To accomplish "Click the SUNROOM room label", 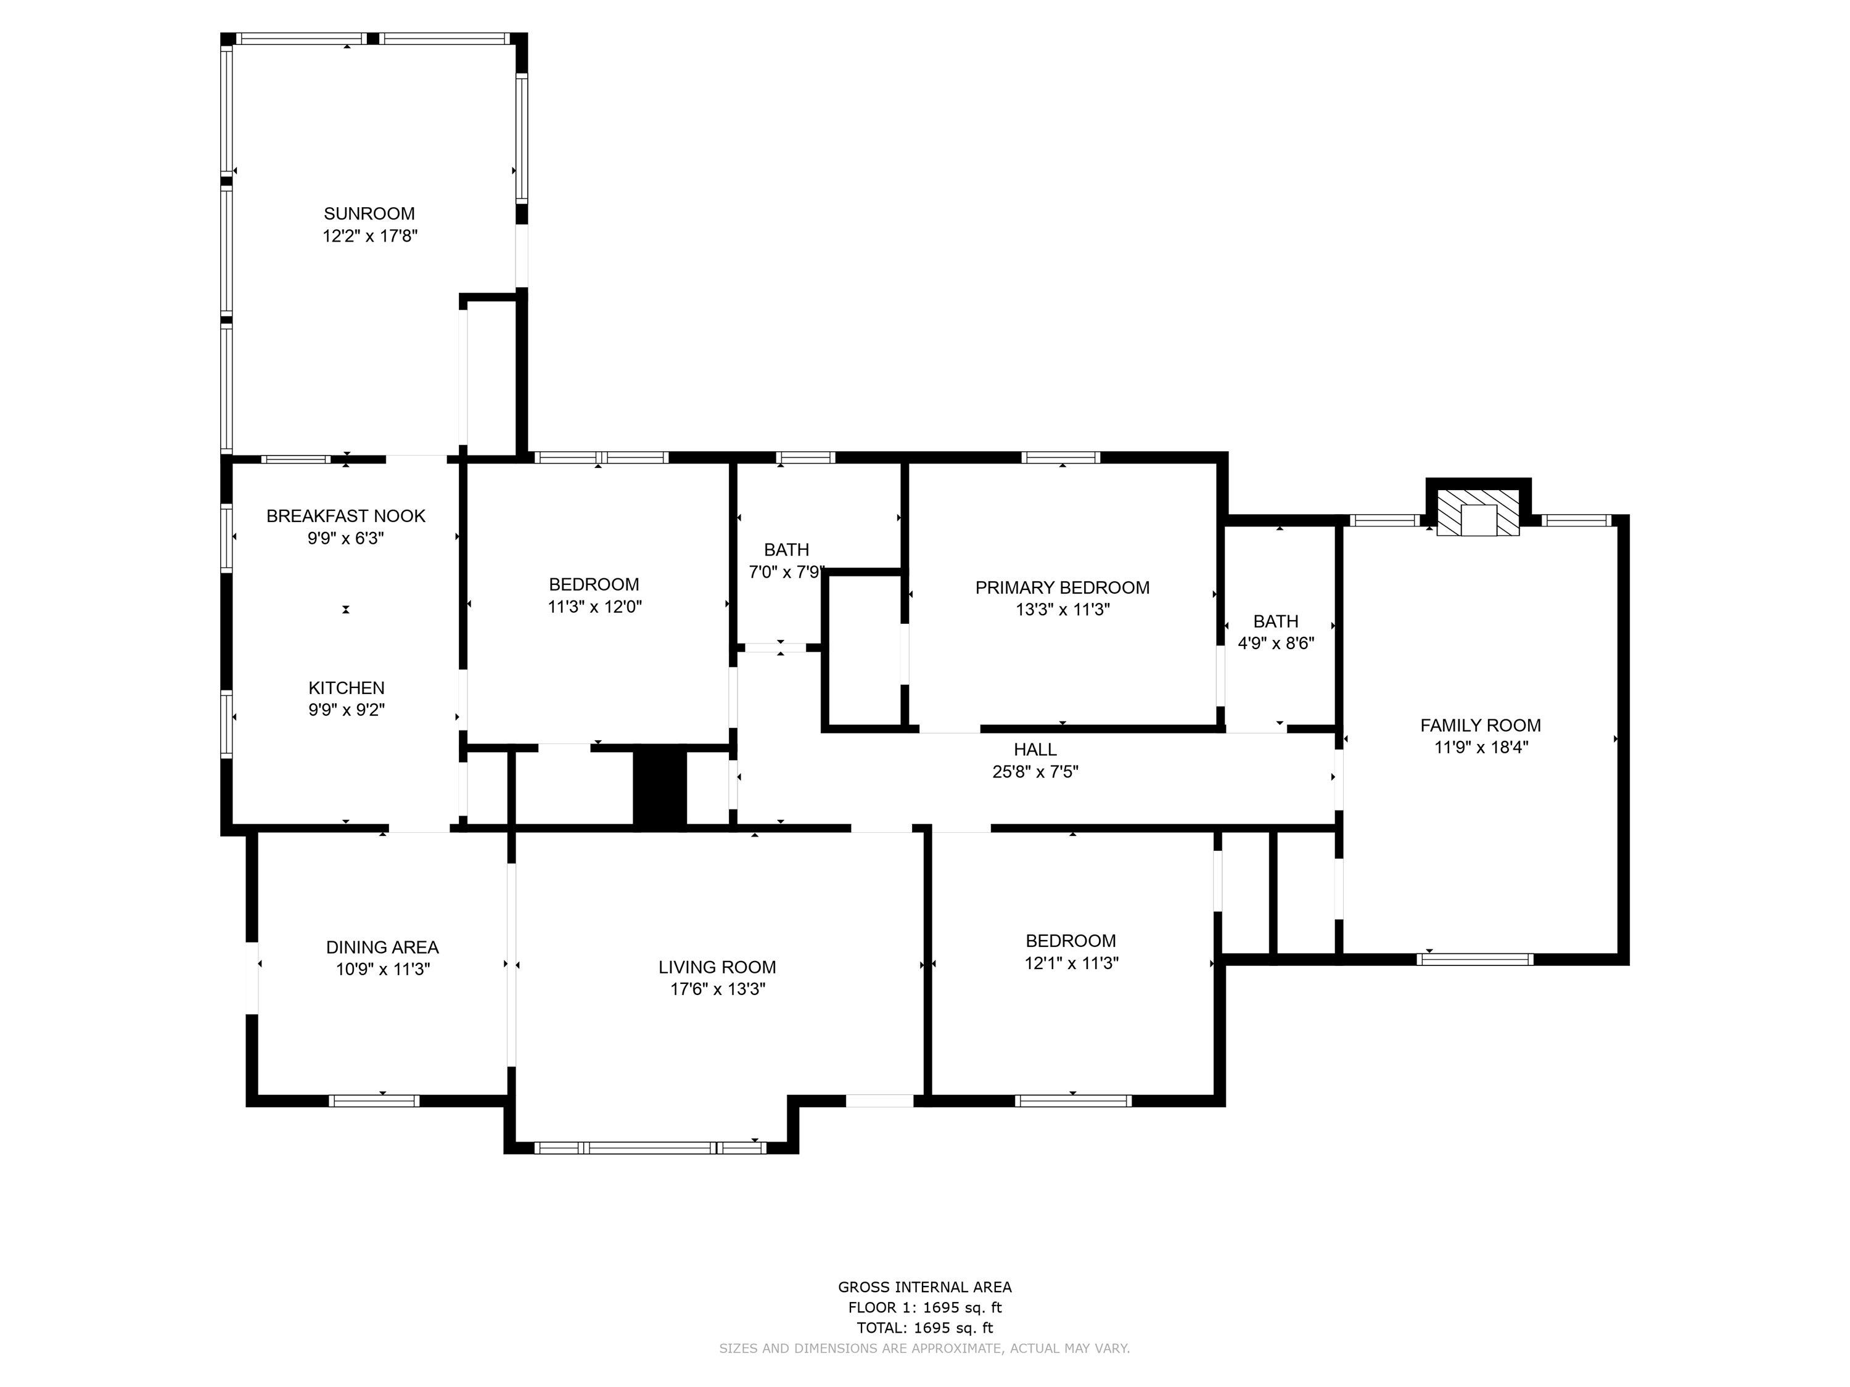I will (369, 214).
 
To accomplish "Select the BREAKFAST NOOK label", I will (345, 517).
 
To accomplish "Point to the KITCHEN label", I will (346, 688).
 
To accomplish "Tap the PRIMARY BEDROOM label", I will (1062, 587).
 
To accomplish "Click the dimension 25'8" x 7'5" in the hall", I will (1035, 772).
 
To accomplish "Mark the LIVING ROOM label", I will (717, 967).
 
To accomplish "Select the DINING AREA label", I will (382, 947).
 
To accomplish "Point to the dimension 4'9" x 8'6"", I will (1275, 644).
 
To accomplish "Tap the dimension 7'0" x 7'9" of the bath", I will (786, 573).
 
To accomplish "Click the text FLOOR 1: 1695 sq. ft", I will (924, 1307).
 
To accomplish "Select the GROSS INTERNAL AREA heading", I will (924, 1288).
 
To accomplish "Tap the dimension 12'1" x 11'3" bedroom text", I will (1071, 963).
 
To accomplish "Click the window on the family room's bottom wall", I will (1474, 959).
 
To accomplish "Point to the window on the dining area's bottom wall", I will (374, 1101).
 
